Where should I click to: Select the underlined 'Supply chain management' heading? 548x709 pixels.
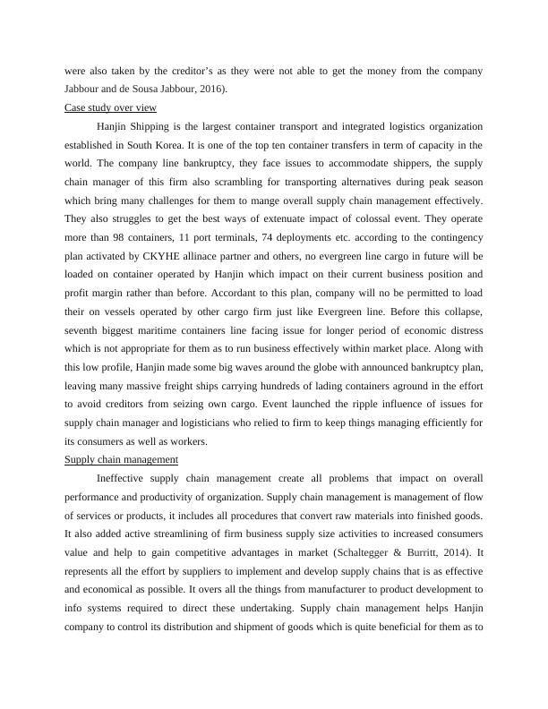(x=121, y=459)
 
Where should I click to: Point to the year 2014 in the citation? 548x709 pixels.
(x=458, y=534)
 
